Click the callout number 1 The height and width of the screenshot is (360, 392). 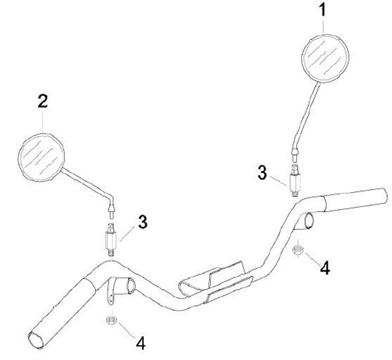(323, 10)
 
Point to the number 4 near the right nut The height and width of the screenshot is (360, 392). (324, 268)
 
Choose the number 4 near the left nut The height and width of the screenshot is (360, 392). (140, 343)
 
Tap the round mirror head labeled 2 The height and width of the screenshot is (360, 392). (43, 157)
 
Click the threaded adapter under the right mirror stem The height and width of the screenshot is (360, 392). (295, 180)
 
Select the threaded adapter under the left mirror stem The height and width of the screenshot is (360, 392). (111, 239)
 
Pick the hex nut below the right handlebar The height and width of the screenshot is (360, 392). (298, 250)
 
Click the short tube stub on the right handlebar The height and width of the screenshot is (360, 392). (308, 220)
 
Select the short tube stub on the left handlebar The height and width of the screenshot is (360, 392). (128, 285)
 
